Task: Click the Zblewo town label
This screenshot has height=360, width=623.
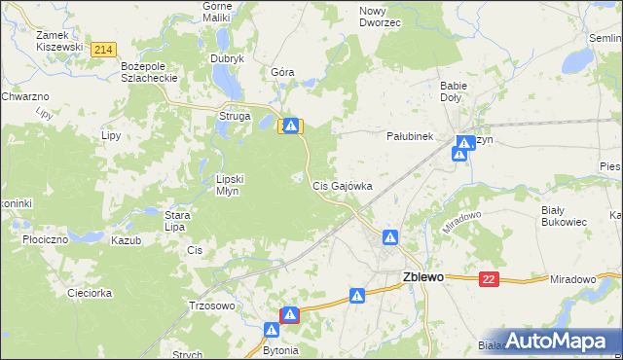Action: (423, 276)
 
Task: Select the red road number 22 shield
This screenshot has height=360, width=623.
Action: (489, 279)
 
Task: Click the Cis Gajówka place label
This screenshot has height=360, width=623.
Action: (342, 185)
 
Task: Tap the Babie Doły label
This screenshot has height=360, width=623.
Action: (454, 90)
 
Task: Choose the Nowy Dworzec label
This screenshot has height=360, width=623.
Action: (380, 16)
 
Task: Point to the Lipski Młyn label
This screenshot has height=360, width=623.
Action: (235, 185)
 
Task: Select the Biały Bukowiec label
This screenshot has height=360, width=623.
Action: (564, 215)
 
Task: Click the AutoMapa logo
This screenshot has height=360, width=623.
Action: (558, 341)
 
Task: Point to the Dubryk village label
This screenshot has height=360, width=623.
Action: (227, 57)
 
